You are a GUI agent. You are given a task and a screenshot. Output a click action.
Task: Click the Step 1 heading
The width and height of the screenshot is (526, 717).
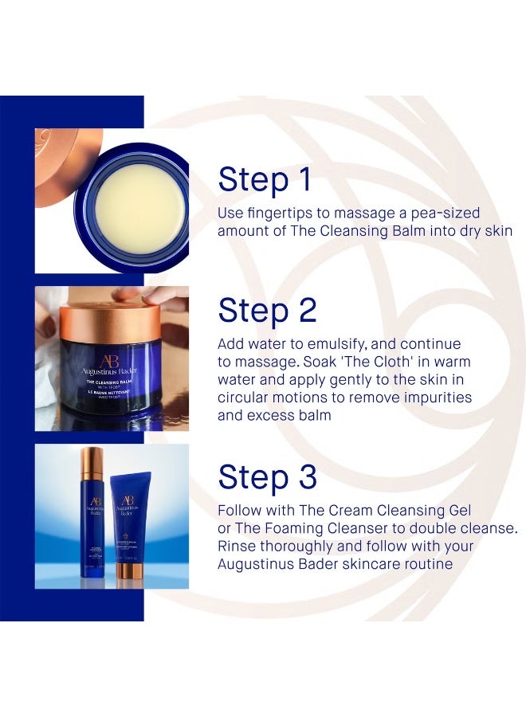coord(265,181)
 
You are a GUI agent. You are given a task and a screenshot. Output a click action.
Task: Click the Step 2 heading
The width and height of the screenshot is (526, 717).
coord(267,311)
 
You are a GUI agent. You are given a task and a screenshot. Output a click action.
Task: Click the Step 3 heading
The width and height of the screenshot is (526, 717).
coord(267,477)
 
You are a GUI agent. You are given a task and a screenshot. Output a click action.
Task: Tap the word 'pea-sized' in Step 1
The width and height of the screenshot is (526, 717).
coord(445,214)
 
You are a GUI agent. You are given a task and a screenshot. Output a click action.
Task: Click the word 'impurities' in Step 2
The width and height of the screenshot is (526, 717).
coord(435,397)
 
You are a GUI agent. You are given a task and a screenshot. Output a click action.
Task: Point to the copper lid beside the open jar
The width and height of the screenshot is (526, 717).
coord(60,155)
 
